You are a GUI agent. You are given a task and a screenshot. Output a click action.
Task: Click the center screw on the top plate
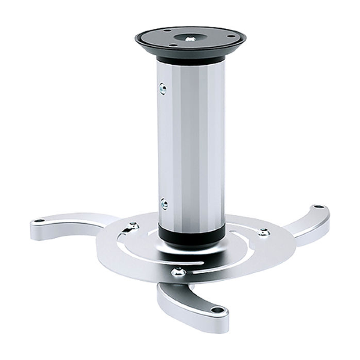190,38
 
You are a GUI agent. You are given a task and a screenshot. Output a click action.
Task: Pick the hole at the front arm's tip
217,310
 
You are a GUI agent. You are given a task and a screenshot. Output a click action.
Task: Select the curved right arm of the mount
300,225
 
